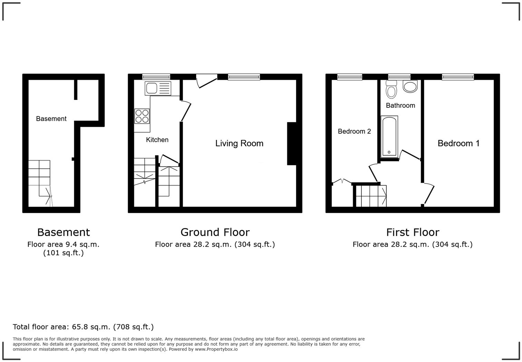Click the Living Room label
coord(239,143)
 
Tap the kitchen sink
coord(158,88)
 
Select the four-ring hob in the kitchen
coord(142,116)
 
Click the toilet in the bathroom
coord(391,90)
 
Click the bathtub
coord(389,137)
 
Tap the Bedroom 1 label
coord(458,143)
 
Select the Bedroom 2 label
coord(354,131)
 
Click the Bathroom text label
coord(400,105)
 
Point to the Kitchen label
coord(157,140)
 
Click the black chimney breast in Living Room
coord(291,144)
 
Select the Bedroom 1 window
coord(458,77)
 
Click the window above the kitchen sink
coord(156,77)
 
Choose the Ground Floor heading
coord(215,232)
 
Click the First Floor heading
coord(413,232)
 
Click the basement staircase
coord(40,180)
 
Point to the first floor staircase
coord(371,196)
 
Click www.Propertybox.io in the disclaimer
coord(216,349)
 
